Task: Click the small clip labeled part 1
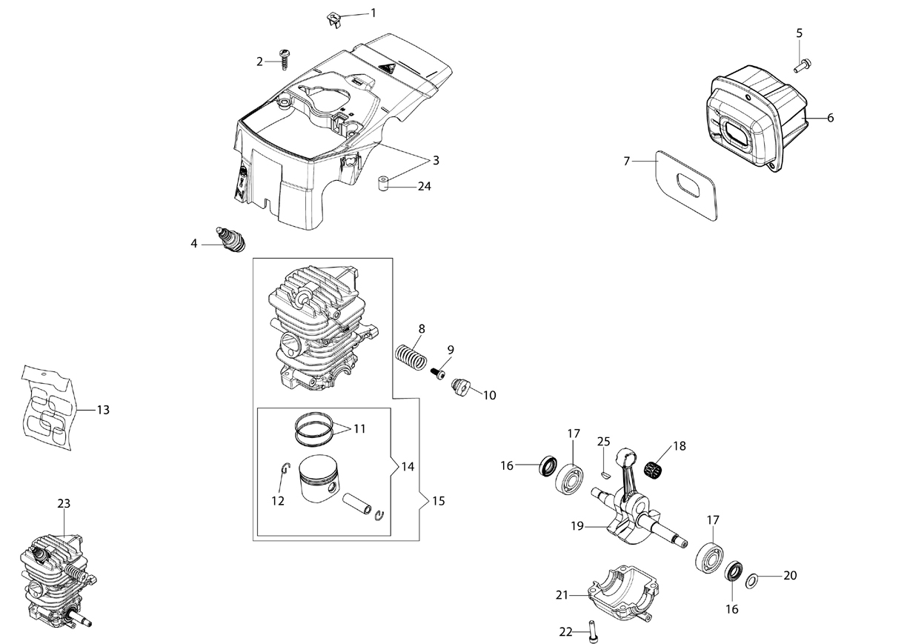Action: pyautogui.click(x=334, y=19)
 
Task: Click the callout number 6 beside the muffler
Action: pyautogui.click(x=831, y=118)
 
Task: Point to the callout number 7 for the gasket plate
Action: pyautogui.click(x=626, y=162)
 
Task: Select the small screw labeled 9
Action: pyautogui.click(x=437, y=374)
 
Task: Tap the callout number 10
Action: pyautogui.click(x=490, y=395)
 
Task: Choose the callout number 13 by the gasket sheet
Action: pyautogui.click(x=103, y=410)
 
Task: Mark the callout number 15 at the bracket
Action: pyautogui.click(x=439, y=501)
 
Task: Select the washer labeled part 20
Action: pyautogui.click(x=751, y=581)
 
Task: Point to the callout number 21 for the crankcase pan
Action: pyautogui.click(x=562, y=595)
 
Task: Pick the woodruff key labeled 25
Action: pyautogui.click(x=605, y=474)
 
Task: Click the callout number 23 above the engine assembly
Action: pyautogui.click(x=64, y=504)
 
